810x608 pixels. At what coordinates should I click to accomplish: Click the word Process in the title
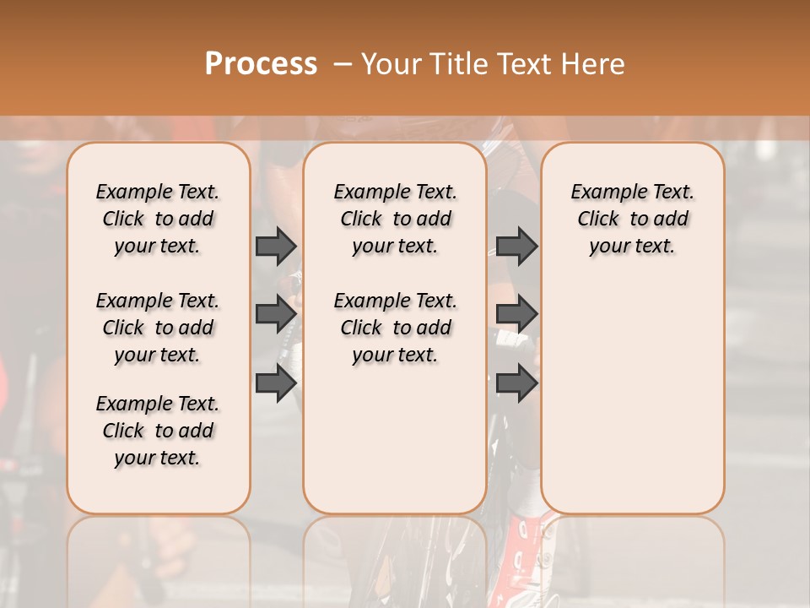[x=260, y=64]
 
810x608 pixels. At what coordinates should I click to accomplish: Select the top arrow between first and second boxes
[x=276, y=247]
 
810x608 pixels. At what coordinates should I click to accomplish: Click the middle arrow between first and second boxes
[x=276, y=314]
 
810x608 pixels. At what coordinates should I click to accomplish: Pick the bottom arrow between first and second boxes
[x=276, y=383]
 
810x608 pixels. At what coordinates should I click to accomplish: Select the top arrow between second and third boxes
[x=516, y=247]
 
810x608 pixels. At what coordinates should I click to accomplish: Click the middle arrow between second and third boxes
[x=516, y=314]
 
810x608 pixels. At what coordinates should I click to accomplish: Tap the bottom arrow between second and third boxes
[x=516, y=383]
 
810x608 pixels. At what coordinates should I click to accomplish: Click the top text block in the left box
[x=158, y=219]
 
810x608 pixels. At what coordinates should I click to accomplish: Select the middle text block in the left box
[x=158, y=328]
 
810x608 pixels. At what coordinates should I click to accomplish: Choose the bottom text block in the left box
[x=158, y=431]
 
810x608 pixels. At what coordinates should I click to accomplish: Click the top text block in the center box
[x=395, y=219]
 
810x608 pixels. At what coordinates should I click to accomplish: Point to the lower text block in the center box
[x=395, y=328]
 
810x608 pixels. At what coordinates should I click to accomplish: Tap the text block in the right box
[x=632, y=219]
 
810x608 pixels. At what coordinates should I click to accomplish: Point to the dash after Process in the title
[x=343, y=64]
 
